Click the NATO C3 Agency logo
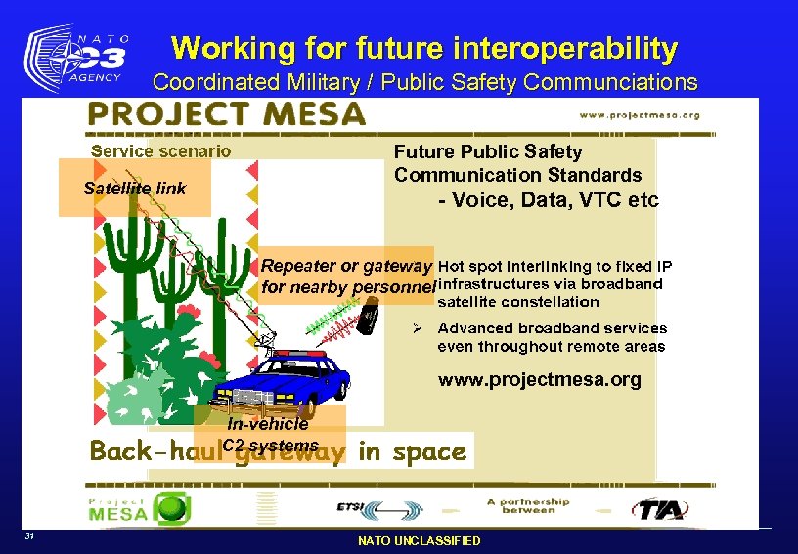(x=77, y=60)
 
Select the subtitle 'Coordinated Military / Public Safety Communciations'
(x=425, y=82)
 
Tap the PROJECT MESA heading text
(x=226, y=114)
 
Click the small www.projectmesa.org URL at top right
(x=640, y=114)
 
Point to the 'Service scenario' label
(x=161, y=150)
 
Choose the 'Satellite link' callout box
(x=134, y=188)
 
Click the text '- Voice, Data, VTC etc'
(x=549, y=200)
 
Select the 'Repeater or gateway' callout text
(x=346, y=266)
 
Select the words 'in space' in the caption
(x=412, y=451)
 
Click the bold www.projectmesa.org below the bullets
(x=539, y=380)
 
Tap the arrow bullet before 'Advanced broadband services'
(x=415, y=328)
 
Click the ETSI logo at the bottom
(x=377, y=508)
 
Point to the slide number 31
(x=31, y=536)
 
